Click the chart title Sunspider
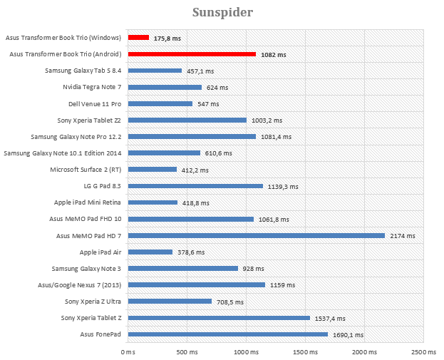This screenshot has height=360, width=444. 222,13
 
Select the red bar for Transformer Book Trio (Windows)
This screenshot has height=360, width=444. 138,37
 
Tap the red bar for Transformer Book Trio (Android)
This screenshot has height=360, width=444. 192,54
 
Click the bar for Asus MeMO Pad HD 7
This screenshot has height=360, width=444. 256,235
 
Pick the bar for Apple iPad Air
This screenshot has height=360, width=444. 150,252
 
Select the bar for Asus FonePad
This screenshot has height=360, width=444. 227,334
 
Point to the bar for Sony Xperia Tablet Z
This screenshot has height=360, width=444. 219,318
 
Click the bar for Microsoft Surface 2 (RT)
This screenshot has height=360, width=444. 153,170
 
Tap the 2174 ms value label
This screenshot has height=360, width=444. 403,235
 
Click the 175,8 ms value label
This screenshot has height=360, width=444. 167,38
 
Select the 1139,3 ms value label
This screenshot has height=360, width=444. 284,186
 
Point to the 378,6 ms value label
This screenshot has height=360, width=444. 191,252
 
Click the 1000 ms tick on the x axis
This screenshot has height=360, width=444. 246,351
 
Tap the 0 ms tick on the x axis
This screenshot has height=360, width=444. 128,351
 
